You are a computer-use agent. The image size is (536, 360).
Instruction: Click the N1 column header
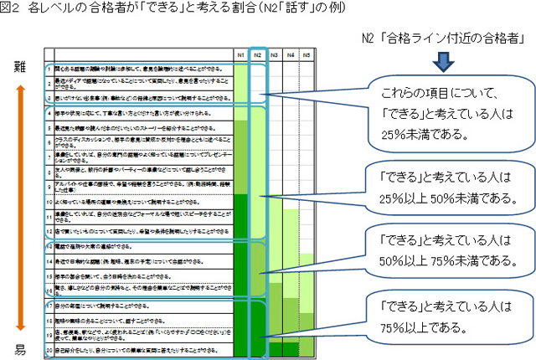pyautogui.click(x=241, y=54)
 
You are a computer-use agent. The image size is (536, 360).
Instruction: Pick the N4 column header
pyautogui.click(x=291, y=54)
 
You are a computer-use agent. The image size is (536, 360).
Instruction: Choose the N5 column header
pyautogui.click(x=308, y=54)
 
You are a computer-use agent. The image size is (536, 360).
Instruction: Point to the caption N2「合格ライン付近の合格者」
pyautogui.click(x=441, y=37)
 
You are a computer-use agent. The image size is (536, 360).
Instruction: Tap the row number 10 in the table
pyautogui.click(x=49, y=202)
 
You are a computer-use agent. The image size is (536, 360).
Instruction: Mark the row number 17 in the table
pyautogui.click(x=49, y=306)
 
